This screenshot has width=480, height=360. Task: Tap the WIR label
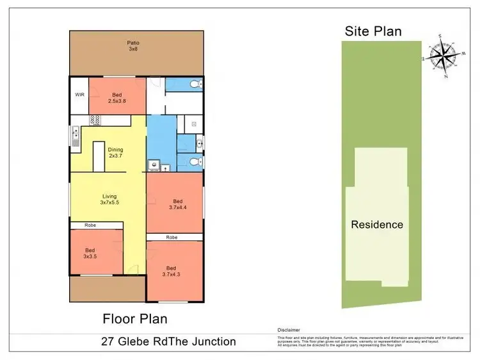click(x=79, y=94)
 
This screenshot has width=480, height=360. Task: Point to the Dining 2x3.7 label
click(x=115, y=152)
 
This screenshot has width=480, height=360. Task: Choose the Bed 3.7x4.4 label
click(x=177, y=202)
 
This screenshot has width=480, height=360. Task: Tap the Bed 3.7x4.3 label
click(x=171, y=271)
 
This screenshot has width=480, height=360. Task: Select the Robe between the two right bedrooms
click(x=172, y=237)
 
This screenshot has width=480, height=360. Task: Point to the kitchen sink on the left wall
click(x=75, y=135)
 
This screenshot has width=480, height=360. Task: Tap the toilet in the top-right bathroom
click(x=198, y=85)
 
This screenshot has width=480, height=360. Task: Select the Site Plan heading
click(x=373, y=31)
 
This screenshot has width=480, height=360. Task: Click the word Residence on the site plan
click(x=376, y=224)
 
